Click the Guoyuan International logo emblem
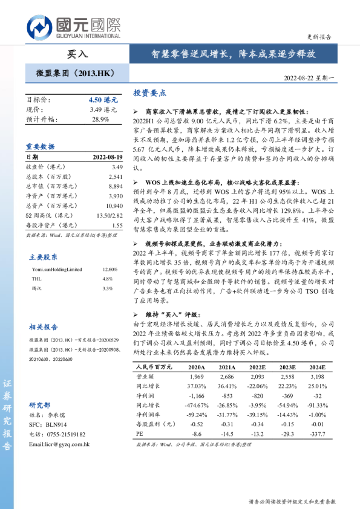39,28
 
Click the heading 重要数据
40,147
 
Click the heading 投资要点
149,93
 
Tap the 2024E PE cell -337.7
317,433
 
